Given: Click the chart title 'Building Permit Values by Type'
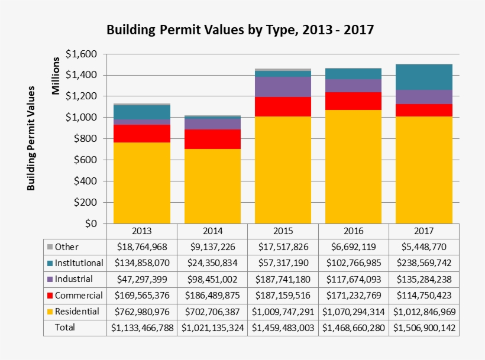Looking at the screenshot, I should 240,30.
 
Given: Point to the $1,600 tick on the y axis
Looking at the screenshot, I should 81,54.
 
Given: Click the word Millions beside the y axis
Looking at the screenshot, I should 56,76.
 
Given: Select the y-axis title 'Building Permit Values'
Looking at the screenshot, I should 31,138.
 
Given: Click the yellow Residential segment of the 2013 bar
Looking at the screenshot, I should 142,182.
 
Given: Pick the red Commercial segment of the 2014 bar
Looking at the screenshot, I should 212,139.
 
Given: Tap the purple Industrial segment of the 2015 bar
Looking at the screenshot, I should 283,87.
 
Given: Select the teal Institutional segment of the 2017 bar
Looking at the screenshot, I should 423,77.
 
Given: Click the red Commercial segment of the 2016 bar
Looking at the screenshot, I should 353,101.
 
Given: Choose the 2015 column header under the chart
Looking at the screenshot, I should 283,231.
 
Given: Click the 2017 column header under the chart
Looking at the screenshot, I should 423,231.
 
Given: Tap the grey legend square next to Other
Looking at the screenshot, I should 50,247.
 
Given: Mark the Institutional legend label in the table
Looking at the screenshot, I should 79,262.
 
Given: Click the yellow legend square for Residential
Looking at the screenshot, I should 50,311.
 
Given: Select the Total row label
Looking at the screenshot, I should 64,327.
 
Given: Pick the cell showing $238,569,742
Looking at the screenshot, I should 423,263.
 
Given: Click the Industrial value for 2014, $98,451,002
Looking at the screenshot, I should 212,279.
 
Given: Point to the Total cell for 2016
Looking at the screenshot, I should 353,327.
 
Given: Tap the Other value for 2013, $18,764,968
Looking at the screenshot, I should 142,247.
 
